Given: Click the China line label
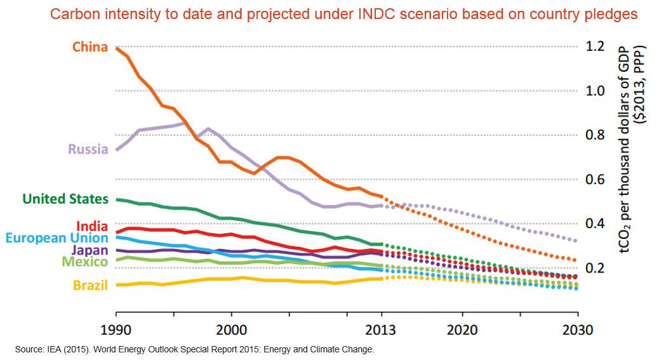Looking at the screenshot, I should (90, 47).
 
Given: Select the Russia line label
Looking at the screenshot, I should (88, 150).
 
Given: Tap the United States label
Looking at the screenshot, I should (65, 199).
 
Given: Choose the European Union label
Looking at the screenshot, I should (57, 238).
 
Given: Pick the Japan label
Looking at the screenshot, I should (90, 250).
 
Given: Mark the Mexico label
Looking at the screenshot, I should (84, 261).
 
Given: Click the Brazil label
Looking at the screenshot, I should (90, 285).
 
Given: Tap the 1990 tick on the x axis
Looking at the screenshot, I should (116, 330).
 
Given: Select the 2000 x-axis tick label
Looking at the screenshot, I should (231, 330).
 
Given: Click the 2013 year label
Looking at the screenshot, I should (381, 330).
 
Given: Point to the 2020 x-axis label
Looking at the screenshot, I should (462, 330).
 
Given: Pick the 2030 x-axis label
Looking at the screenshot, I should (577, 330).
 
